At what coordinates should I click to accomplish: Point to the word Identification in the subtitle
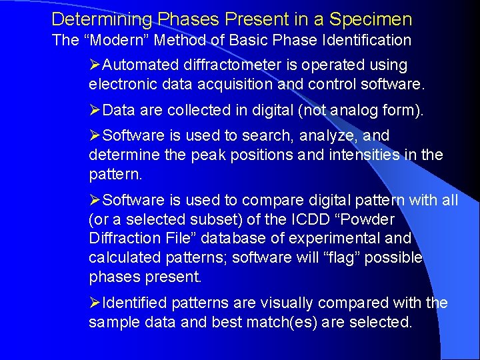pyautogui.click(x=366, y=40)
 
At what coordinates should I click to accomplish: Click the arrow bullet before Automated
pyautogui.click(x=95, y=65)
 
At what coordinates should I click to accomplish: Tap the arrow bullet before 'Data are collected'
pyautogui.click(x=95, y=110)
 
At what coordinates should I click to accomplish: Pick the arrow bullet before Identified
pyautogui.click(x=95, y=303)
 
